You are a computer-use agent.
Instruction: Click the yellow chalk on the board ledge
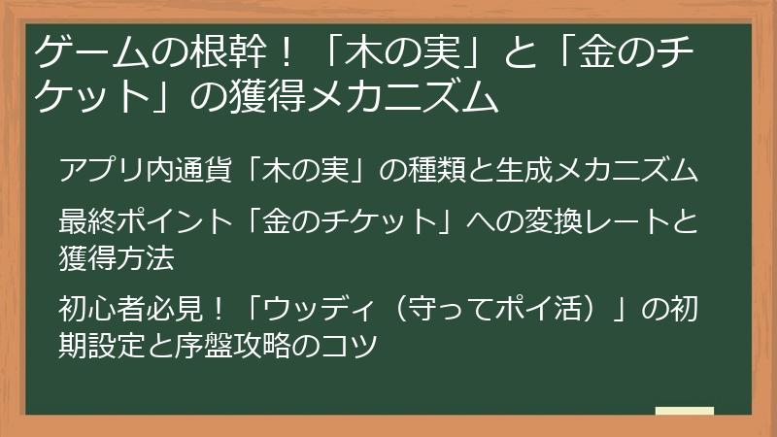[685, 412]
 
